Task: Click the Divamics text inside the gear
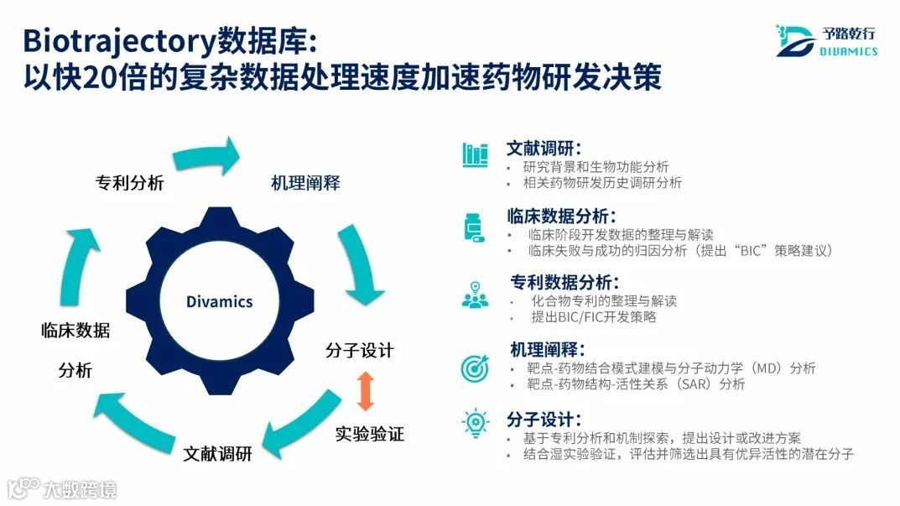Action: click(219, 301)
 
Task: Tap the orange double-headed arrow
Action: click(365, 391)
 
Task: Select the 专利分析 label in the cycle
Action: click(128, 183)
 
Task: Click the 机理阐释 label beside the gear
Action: click(305, 183)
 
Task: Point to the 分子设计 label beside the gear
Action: click(360, 350)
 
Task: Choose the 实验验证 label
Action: click(370, 434)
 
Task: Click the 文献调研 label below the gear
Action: click(218, 454)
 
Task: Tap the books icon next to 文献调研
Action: click(475, 154)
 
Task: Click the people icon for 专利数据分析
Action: click(475, 295)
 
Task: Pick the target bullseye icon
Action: click(475, 367)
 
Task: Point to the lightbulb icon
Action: click(475, 423)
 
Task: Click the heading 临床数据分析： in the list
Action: click(561, 216)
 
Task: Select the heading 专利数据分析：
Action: click(565, 282)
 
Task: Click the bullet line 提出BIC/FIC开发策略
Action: click(593, 317)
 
